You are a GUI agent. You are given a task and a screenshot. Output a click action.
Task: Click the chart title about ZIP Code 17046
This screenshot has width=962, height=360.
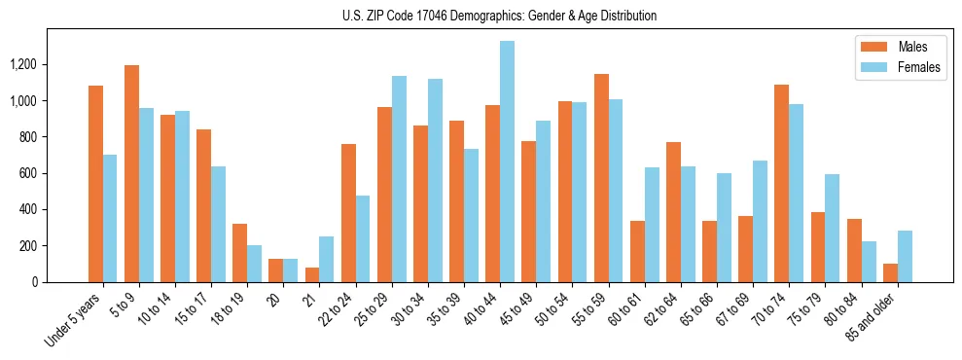click(x=500, y=16)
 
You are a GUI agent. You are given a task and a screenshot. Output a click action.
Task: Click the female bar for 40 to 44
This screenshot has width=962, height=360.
click(x=507, y=162)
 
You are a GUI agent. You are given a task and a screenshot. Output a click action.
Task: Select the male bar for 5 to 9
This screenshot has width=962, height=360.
click(x=131, y=173)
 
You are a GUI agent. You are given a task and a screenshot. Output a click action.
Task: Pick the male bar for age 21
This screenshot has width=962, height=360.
click(x=312, y=274)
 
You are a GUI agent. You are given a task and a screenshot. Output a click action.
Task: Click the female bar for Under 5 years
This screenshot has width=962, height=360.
click(x=110, y=218)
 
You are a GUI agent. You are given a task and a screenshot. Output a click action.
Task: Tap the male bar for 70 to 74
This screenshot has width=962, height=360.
click(x=781, y=183)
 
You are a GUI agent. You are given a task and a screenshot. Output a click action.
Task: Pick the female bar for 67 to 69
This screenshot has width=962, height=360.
click(x=760, y=221)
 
